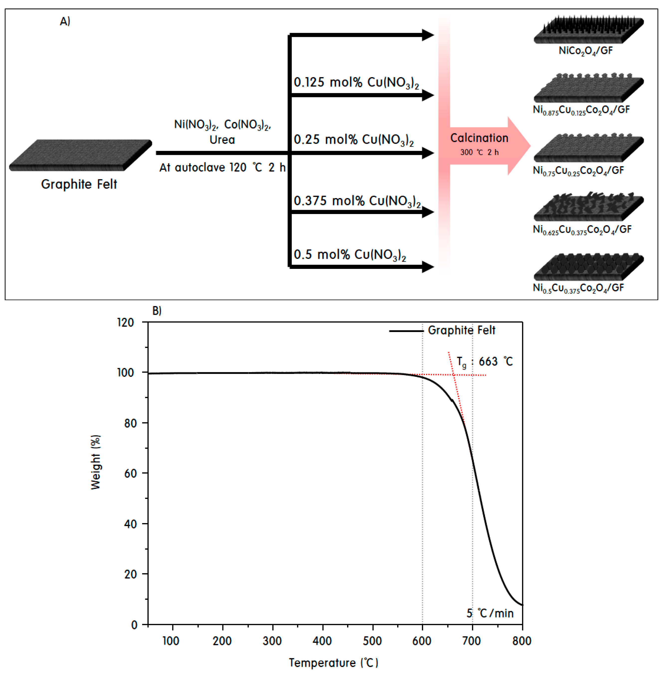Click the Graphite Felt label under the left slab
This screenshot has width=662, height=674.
click(x=79, y=184)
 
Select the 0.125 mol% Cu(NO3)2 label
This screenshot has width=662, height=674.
click(x=356, y=83)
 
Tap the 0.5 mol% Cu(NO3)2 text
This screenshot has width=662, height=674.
click(x=349, y=255)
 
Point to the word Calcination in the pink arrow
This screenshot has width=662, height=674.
click(x=479, y=138)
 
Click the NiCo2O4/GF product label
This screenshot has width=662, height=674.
click(x=585, y=51)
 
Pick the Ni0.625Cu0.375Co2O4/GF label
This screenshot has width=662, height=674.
click(x=582, y=229)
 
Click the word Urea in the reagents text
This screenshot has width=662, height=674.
click(x=222, y=140)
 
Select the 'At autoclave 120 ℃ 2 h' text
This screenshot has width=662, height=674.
click(x=222, y=168)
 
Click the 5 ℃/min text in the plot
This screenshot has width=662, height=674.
click(x=490, y=613)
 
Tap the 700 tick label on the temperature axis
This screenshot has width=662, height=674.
click(x=472, y=641)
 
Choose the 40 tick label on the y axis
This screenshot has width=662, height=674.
click(x=130, y=524)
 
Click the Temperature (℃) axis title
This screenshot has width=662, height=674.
click(x=333, y=663)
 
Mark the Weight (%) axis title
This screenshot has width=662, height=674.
click(x=95, y=462)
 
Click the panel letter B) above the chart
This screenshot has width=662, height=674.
click(x=157, y=311)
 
